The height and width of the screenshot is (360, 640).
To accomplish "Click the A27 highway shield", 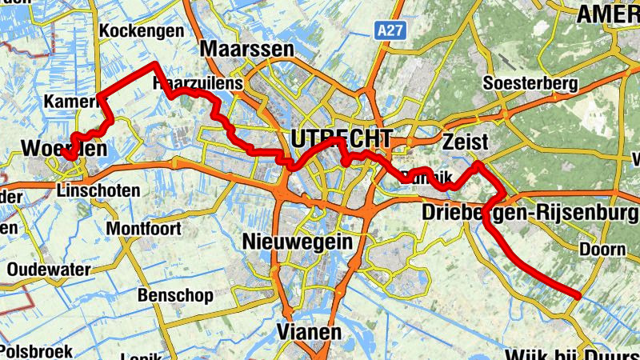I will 390,30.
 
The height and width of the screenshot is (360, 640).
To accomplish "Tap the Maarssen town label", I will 247,50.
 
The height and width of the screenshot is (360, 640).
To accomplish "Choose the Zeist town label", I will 465,142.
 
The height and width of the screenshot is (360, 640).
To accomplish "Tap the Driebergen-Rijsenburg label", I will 529,214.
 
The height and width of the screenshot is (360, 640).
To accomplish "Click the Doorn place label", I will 602,250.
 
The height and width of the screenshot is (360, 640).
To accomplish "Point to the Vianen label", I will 308,331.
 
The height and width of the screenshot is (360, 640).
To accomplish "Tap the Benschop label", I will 175,295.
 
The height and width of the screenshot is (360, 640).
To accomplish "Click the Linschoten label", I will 99,190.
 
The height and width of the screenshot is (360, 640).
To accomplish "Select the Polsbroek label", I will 36,350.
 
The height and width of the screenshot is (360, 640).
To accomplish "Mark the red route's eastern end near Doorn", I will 576,297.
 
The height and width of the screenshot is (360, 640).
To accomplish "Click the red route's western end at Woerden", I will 71,158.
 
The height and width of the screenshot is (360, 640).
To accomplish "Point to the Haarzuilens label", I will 190,82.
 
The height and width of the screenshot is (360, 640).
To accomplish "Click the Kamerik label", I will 73,102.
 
